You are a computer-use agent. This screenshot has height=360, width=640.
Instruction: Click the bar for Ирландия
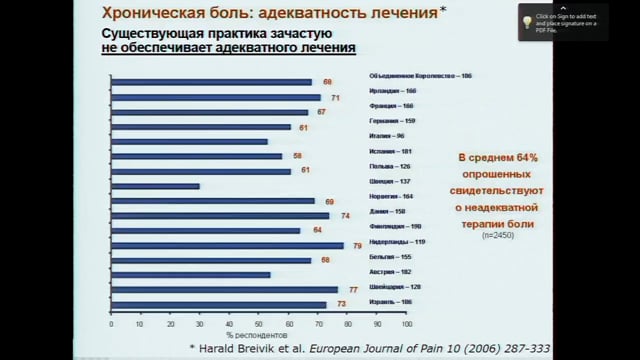(x=214, y=97)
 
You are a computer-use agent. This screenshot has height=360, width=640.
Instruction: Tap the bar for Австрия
(x=189, y=275)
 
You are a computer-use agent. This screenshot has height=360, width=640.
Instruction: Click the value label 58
(x=298, y=156)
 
